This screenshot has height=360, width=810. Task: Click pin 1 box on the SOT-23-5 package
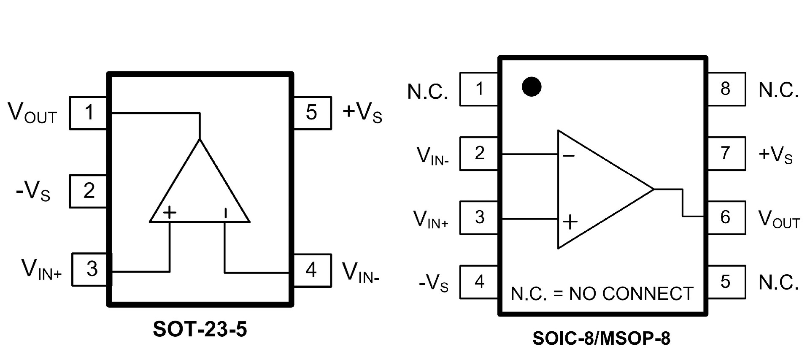pyautogui.click(x=88, y=113)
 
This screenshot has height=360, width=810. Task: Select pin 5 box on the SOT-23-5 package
pyautogui.click(x=312, y=113)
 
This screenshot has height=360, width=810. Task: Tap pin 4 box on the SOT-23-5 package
pyautogui.click(x=312, y=270)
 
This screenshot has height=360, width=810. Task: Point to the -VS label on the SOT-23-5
pyautogui.click(x=33, y=192)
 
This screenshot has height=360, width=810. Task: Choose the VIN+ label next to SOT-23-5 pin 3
pyautogui.click(x=41, y=269)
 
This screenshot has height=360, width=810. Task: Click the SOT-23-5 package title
pyautogui.click(x=200, y=329)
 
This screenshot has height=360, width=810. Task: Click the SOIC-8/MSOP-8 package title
pyautogui.click(x=601, y=338)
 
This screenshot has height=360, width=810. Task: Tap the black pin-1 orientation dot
pyautogui.click(x=532, y=87)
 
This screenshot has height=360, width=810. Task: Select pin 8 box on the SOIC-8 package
pyautogui.click(x=726, y=89)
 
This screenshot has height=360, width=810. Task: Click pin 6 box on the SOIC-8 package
pyautogui.click(x=726, y=217)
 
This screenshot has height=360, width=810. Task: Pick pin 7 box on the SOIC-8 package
pyautogui.click(x=726, y=153)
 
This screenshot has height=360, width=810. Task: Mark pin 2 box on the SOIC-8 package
pyautogui.click(x=479, y=153)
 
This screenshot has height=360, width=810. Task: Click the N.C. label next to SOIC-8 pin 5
pyautogui.click(x=778, y=282)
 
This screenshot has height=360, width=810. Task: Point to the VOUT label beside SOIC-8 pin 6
pyautogui.click(x=779, y=219)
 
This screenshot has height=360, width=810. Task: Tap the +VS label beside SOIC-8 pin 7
pyautogui.click(x=775, y=154)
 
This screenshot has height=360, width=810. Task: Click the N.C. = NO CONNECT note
pyautogui.click(x=602, y=294)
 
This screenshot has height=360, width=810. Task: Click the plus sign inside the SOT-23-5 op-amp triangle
pyautogui.click(x=170, y=212)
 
